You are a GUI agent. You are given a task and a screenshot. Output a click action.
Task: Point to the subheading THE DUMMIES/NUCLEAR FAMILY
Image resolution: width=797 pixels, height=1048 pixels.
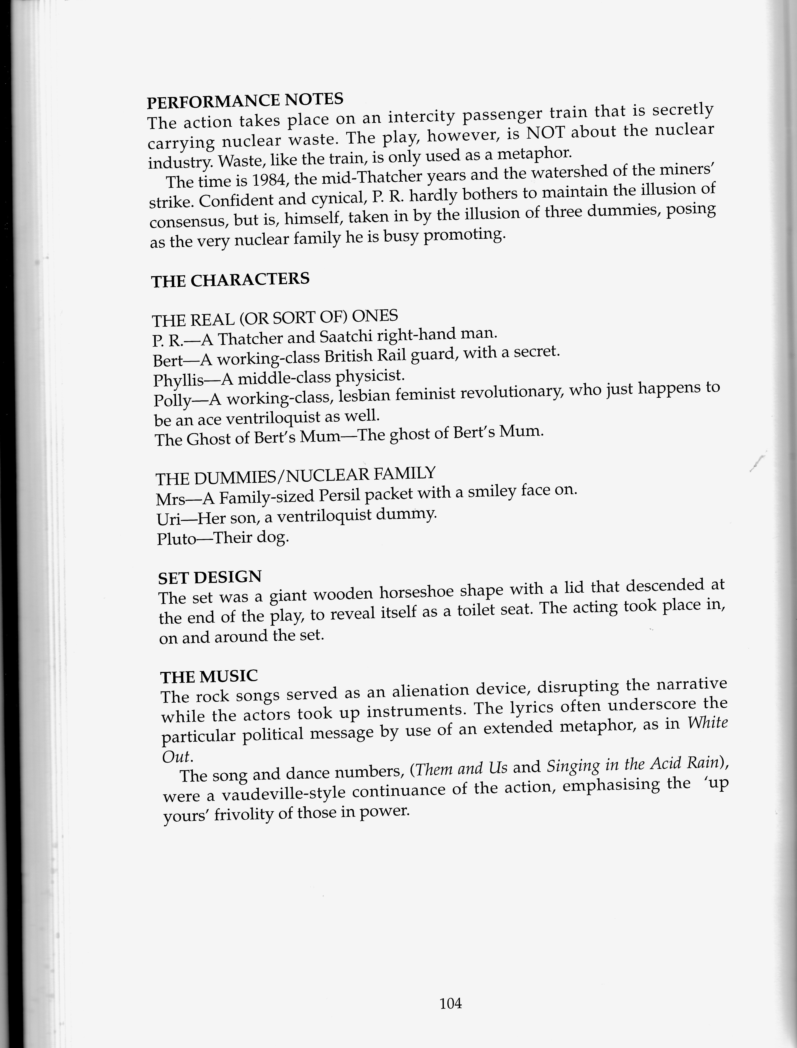pos(295,476)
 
